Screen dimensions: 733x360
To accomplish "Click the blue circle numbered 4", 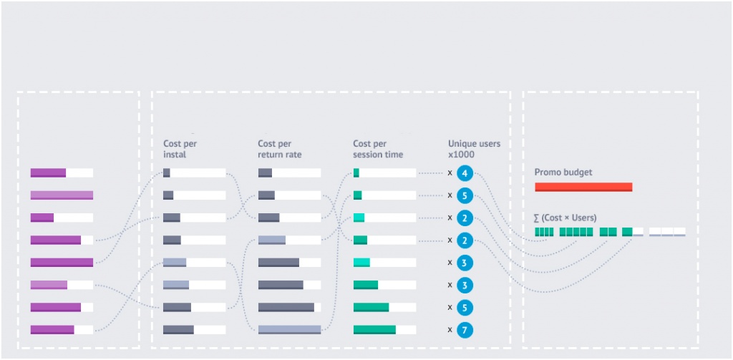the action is coord(464,173).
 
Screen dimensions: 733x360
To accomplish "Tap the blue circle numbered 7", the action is coord(464,330).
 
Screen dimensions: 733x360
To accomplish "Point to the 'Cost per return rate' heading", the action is coord(280,149).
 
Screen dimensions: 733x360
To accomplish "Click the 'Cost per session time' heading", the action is coord(378,149).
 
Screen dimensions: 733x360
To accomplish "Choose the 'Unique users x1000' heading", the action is coord(474,149).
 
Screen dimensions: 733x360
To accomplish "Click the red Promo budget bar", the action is coord(583,187).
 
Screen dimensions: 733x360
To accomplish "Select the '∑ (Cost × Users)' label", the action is coord(565,218).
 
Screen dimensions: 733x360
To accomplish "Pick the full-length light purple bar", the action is coord(62,195).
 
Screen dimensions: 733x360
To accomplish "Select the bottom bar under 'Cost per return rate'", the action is coord(289,330).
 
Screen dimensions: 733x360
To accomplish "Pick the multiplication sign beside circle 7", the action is coord(450,330).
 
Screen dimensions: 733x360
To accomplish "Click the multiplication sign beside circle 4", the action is coord(450,173).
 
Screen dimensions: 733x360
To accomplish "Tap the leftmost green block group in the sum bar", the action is coord(544,232).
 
